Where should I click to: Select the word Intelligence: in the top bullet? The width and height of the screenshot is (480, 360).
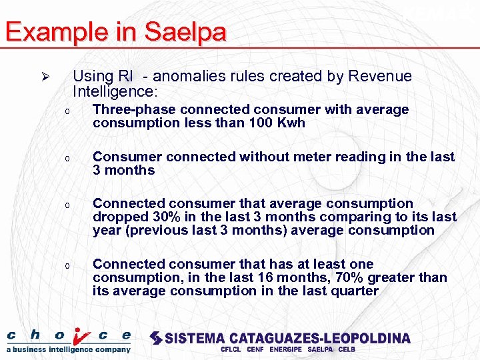(115, 91)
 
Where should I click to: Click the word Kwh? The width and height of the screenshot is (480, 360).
(291, 123)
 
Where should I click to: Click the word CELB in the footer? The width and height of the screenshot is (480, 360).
(347, 349)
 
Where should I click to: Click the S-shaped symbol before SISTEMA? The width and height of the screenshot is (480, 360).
(156, 338)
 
